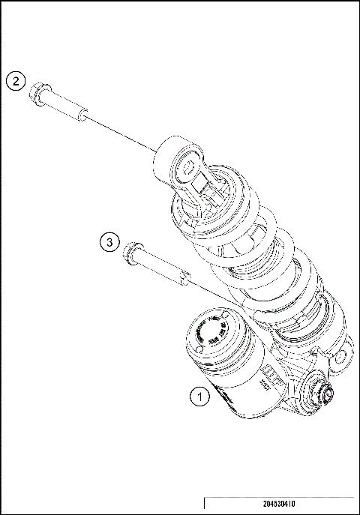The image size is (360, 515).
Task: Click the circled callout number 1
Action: click(x=199, y=394)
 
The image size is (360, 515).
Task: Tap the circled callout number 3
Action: click(x=109, y=241)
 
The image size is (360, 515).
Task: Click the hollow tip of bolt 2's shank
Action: click(x=83, y=115)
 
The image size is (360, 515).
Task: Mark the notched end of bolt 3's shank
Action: click(x=182, y=279)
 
